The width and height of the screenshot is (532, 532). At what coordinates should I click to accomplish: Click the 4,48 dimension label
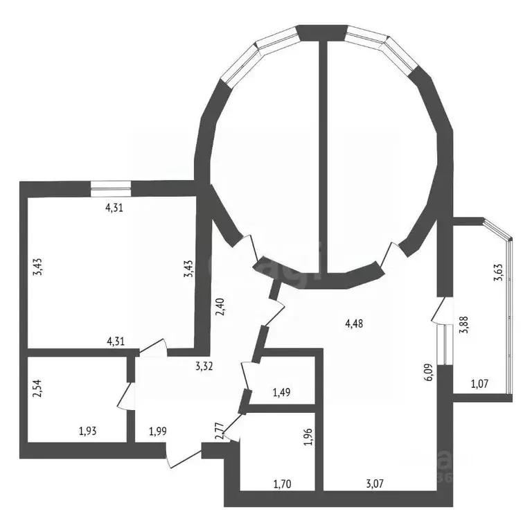click(353, 321)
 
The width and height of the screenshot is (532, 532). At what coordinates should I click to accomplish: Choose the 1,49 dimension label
click(281, 393)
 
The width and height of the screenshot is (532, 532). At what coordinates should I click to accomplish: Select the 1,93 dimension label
click(87, 432)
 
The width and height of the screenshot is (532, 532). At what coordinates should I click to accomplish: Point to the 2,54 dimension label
click(37, 390)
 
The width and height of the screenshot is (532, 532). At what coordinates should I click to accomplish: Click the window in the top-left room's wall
click(111, 186)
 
